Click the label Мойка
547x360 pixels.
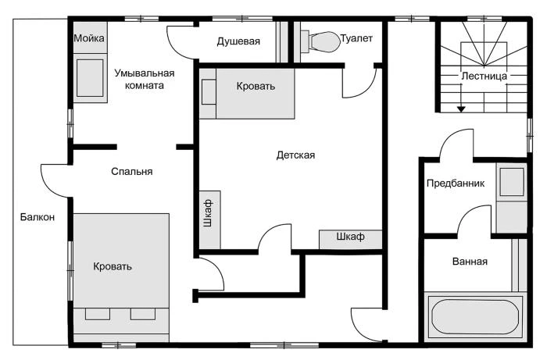point(89,38)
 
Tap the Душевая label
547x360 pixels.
point(238,41)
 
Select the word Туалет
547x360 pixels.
point(356,38)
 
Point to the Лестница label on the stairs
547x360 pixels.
point(484,76)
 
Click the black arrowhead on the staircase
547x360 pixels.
point(461,109)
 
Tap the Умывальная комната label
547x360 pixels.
point(145,80)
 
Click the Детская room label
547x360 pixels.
point(295,155)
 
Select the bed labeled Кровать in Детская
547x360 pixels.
point(247,94)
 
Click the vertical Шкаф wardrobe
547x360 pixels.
point(209,220)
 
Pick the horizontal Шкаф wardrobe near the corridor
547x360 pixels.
point(351,240)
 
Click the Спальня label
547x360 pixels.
point(132,172)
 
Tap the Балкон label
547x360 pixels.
point(38,217)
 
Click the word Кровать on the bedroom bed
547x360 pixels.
point(113,266)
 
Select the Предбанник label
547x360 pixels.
point(456,184)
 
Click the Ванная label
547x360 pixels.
point(470,262)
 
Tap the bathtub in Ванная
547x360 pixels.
point(475,317)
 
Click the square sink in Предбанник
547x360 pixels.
point(512,182)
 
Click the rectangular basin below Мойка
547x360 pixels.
point(90,78)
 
